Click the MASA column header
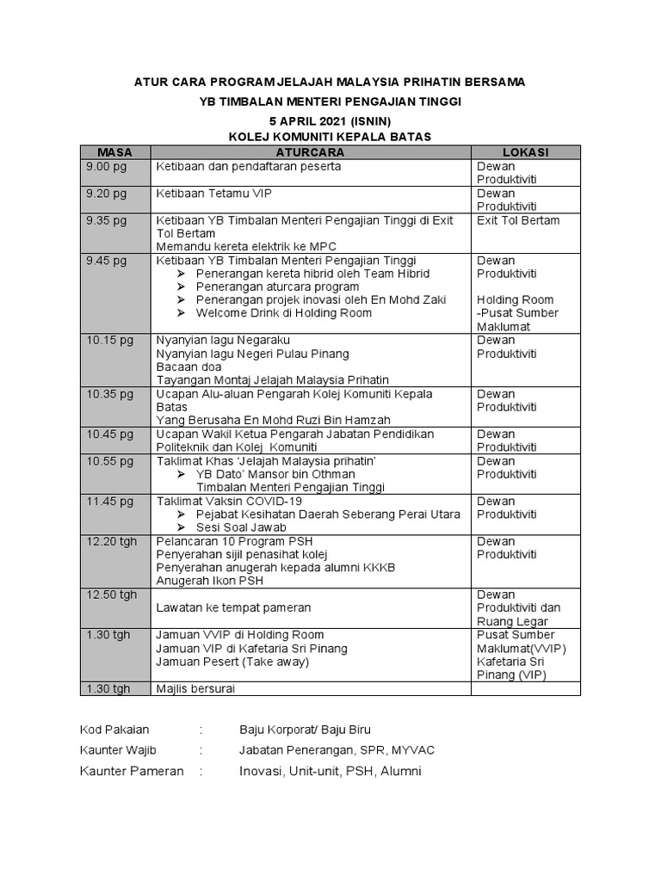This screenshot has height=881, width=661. (x=114, y=152)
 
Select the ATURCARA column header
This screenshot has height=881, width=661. (x=311, y=152)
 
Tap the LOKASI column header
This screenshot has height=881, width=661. (x=525, y=152)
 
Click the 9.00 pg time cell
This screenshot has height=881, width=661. (x=106, y=166)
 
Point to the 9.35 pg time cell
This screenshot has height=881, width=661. (x=106, y=220)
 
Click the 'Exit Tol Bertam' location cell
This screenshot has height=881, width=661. (x=518, y=220)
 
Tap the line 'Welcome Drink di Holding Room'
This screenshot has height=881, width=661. (x=283, y=312)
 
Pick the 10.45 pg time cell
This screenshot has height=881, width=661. (x=109, y=434)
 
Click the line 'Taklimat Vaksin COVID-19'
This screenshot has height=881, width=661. (x=229, y=501)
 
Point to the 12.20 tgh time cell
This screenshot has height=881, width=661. (x=111, y=541)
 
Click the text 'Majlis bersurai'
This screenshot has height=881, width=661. (x=195, y=688)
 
